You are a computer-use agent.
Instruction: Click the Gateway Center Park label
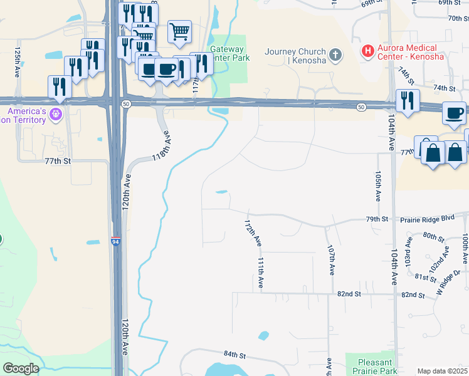click(x=229, y=53)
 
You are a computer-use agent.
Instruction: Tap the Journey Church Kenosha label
click(x=295, y=56)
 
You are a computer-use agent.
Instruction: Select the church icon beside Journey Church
click(x=336, y=55)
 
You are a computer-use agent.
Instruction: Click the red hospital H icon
click(x=368, y=50)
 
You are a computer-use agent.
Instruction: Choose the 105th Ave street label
click(x=378, y=185)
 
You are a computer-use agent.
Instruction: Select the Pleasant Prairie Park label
click(x=376, y=367)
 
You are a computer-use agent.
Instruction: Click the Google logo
click(x=20, y=368)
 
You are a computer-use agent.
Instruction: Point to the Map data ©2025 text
click(x=441, y=371)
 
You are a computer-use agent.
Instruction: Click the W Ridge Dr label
click(x=448, y=282)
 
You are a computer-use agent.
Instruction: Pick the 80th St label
click(x=433, y=236)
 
